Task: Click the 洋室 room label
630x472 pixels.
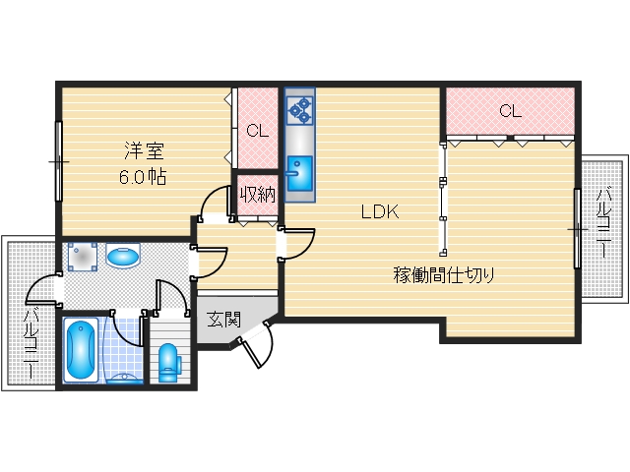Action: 144,151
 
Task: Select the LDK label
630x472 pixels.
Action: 378,211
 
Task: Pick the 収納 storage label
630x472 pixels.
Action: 258,195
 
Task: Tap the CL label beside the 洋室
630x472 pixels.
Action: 257,130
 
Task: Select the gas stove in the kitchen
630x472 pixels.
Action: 299,109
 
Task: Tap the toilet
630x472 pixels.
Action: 167,360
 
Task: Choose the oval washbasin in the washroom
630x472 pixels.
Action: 123,258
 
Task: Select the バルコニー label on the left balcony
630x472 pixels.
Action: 30,343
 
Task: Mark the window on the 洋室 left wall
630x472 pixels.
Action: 59,159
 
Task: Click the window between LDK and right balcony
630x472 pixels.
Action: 576,227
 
